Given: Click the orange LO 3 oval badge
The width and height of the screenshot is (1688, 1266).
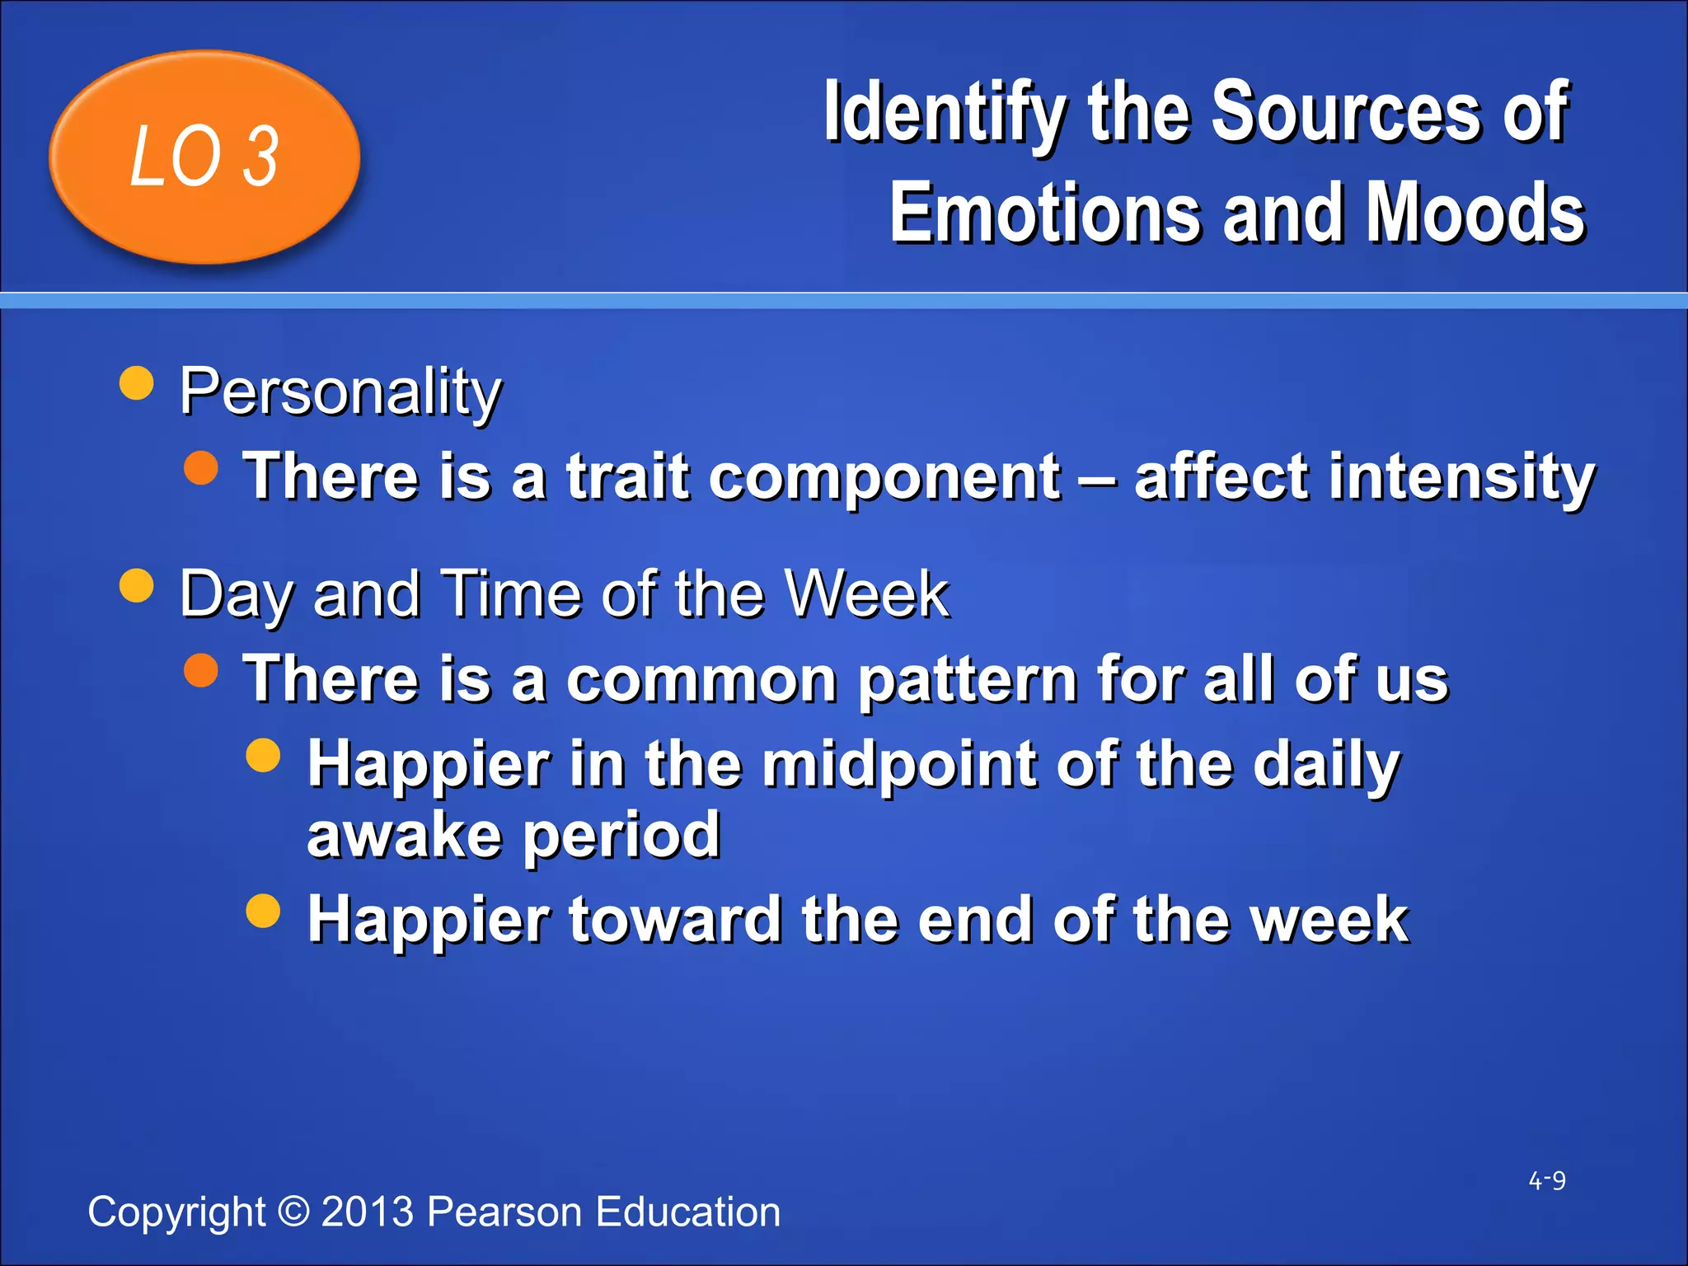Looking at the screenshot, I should pyautogui.click(x=204, y=157).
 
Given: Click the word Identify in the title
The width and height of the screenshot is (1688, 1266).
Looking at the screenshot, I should pyautogui.click(x=945, y=114).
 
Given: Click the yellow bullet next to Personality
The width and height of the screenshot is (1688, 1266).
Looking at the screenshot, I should pyautogui.click(x=137, y=382).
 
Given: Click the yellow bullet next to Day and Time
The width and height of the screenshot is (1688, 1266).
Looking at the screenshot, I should pyautogui.click(x=137, y=586).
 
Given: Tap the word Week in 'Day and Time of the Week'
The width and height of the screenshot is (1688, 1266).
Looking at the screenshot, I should pyautogui.click(x=866, y=593).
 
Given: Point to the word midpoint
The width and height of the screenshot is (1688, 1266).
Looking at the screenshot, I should pyautogui.click(x=899, y=764).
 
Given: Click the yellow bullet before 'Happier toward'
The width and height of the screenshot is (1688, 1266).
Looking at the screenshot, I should pyautogui.click(x=264, y=910).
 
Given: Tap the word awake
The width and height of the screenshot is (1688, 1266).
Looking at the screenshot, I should pyautogui.click(x=404, y=834).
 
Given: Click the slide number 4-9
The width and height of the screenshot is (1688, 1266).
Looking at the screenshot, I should pyautogui.click(x=1546, y=1180).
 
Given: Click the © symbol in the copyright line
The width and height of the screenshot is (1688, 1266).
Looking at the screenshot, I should pyautogui.click(x=293, y=1211).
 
